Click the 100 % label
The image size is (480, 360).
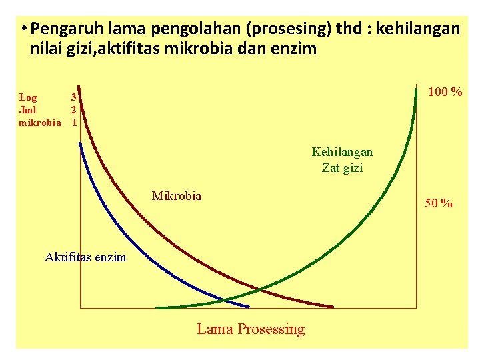pos(445,92)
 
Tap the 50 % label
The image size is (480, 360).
pos(439,203)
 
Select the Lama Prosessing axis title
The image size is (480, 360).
pos(251,329)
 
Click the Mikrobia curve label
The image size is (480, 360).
pos(177,196)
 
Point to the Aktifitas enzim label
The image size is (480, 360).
pos(85,257)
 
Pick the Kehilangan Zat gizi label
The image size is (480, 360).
pos(342,160)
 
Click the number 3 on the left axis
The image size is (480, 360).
pos(74,97)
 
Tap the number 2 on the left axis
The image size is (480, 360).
pos(74,110)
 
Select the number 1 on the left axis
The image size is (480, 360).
pos(74,123)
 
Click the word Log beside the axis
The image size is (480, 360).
pos(28,97)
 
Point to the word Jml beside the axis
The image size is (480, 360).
pos(28,110)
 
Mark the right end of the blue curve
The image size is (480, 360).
pos(248,307)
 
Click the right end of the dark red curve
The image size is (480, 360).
pos(332,307)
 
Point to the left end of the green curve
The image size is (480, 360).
pos(157,308)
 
